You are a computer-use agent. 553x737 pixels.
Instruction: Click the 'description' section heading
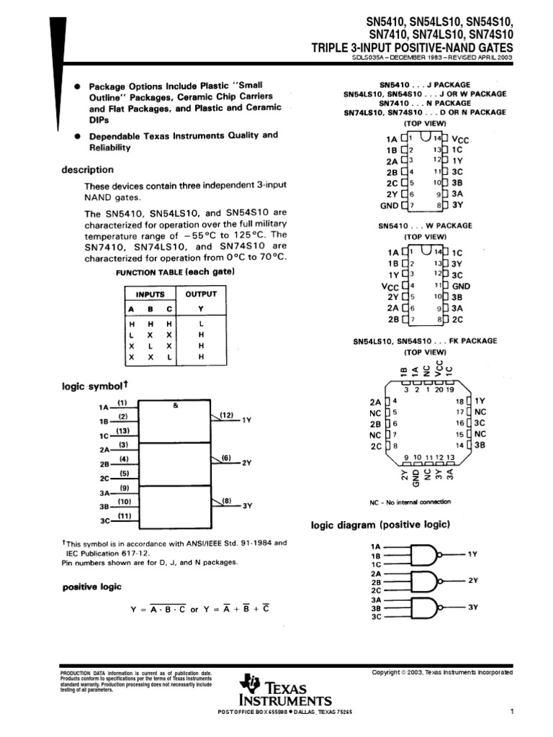[x=87, y=170]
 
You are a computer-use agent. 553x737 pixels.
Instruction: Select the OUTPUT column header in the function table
[x=201, y=294]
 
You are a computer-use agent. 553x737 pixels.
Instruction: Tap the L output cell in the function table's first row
[x=201, y=325]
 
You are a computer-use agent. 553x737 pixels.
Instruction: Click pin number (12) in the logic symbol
[x=227, y=415]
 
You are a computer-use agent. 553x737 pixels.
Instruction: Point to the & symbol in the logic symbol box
[x=175, y=406]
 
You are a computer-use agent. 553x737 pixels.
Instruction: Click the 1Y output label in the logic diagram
[x=472, y=554]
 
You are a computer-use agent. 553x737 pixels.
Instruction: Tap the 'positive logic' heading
[x=91, y=587]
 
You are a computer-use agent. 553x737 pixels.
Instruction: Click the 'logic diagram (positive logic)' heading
[x=380, y=525]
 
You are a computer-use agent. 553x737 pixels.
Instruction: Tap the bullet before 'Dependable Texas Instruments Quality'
[x=77, y=135]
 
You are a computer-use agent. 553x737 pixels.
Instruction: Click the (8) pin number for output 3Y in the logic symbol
[x=227, y=500]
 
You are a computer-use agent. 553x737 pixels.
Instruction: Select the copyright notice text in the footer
[x=442, y=672]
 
